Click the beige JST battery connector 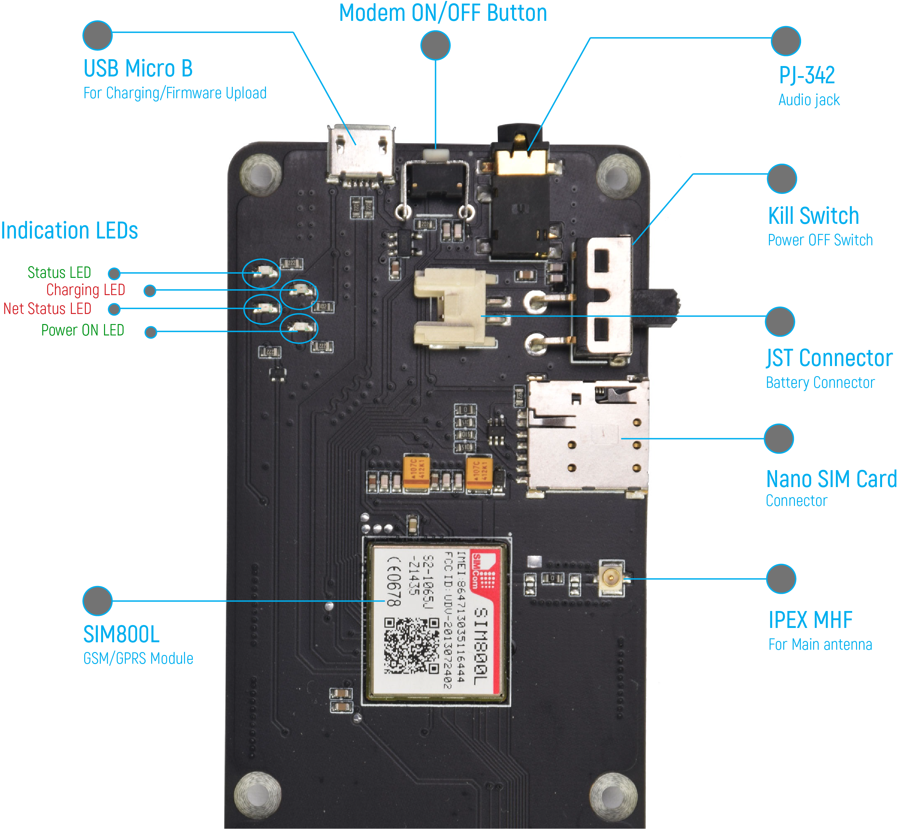453,307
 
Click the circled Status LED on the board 261,273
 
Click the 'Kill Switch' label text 813,216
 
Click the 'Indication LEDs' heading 70,231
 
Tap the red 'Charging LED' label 86,290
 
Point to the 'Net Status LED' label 47,309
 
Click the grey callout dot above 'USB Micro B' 97,35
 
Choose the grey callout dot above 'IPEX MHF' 781,579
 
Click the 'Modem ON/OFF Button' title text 443,13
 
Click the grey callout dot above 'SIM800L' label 97,601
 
